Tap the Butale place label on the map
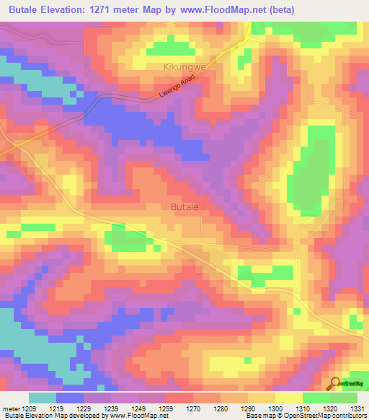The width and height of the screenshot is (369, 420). (184, 206)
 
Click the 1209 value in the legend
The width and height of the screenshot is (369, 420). (28, 408)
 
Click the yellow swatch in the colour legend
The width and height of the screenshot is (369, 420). (288, 398)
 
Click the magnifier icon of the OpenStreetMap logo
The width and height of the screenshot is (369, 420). (335, 384)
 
